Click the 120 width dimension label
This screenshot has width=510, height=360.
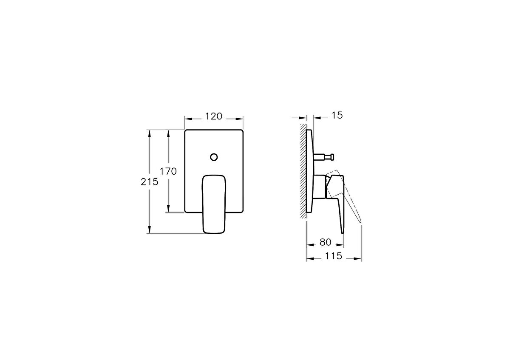(213, 116)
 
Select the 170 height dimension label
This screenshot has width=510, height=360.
(168, 171)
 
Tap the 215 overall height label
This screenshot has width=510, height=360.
(149, 182)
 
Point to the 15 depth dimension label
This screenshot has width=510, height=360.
(337, 116)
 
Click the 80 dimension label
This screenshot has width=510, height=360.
(326, 242)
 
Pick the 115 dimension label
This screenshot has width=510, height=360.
(334, 256)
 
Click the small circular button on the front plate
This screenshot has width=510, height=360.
(214, 157)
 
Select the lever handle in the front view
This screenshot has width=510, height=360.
(214, 204)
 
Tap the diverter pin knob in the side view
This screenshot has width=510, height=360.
(332, 157)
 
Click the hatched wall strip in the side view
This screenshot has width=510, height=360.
(303, 171)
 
